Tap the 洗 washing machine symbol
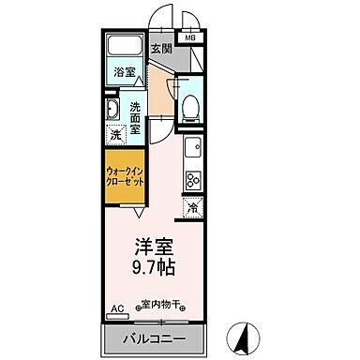tap(114, 135)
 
